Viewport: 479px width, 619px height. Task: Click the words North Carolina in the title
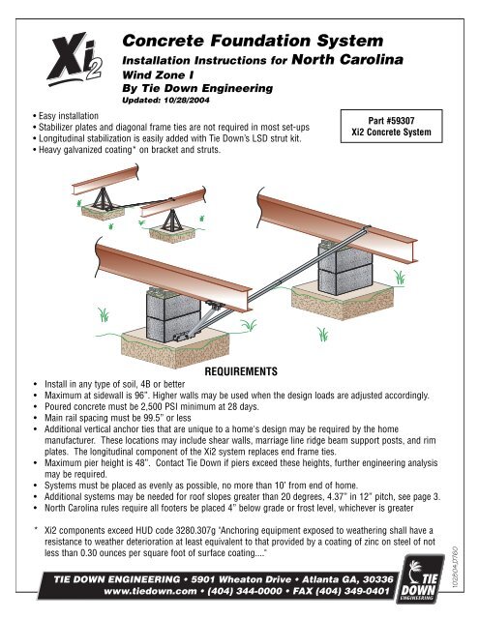[x=347, y=60]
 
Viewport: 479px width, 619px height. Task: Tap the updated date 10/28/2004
[x=187, y=100]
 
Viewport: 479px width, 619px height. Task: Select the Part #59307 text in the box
[x=391, y=120]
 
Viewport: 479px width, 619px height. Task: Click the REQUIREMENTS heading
[x=241, y=371]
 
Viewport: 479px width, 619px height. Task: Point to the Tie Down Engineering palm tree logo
[x=419, y=577]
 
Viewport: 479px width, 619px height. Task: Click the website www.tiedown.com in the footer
[x=150, y=591]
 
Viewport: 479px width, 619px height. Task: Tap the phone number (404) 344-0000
[x=245, y=591]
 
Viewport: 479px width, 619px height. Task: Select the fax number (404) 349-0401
[x=352, y=591]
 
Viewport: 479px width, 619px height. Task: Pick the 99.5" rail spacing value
[x=160, y=418]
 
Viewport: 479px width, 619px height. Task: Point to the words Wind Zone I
[x=158, y=75]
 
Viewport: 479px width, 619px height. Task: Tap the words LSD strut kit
[x=276, y=138]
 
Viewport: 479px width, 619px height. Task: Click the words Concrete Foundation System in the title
[x=253, y=41]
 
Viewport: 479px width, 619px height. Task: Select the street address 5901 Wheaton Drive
[x=241, y=579]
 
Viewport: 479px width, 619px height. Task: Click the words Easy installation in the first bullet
[x=69, y=116]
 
